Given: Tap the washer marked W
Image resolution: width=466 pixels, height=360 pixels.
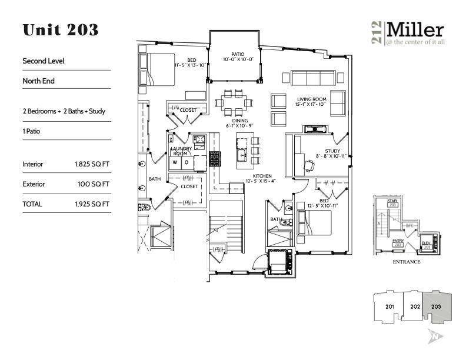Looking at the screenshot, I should click(175, 162).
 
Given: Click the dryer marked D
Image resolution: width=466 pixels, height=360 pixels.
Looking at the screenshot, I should click(187, 162).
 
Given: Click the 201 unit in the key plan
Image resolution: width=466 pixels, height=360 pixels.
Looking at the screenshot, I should click(389, 306).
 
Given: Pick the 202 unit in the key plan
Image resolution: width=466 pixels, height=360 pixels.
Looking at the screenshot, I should click(414, 306).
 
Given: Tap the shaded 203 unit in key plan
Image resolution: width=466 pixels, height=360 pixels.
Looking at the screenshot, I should click(437, 306).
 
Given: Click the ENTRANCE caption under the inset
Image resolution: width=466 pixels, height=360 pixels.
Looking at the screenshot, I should click(406, 262).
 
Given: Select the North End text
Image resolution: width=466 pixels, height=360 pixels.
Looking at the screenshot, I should click(38, 81).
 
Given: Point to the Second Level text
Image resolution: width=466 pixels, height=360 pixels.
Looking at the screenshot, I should click(43, 61).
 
